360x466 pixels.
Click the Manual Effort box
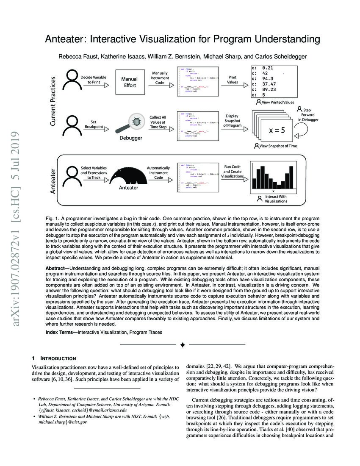[129, 82]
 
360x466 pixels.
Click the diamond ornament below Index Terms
[182, 345]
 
